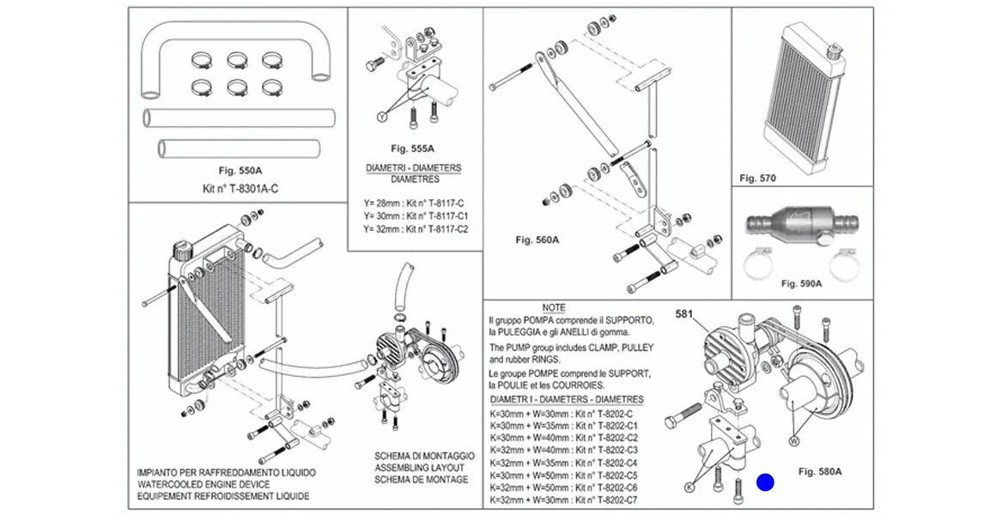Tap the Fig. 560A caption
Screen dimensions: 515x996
coord(537,239)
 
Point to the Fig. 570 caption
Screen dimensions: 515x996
coord(757,179)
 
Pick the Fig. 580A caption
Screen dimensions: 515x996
coord(819,471)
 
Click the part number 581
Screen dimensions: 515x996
coord(685,313)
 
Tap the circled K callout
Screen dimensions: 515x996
coord(689,487)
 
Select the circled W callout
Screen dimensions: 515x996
coord(793,440)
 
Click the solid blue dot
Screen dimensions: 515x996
coord(765,483)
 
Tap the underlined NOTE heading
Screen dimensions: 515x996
coord(554,307)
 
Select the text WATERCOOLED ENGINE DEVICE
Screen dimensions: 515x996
coord(203,485)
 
